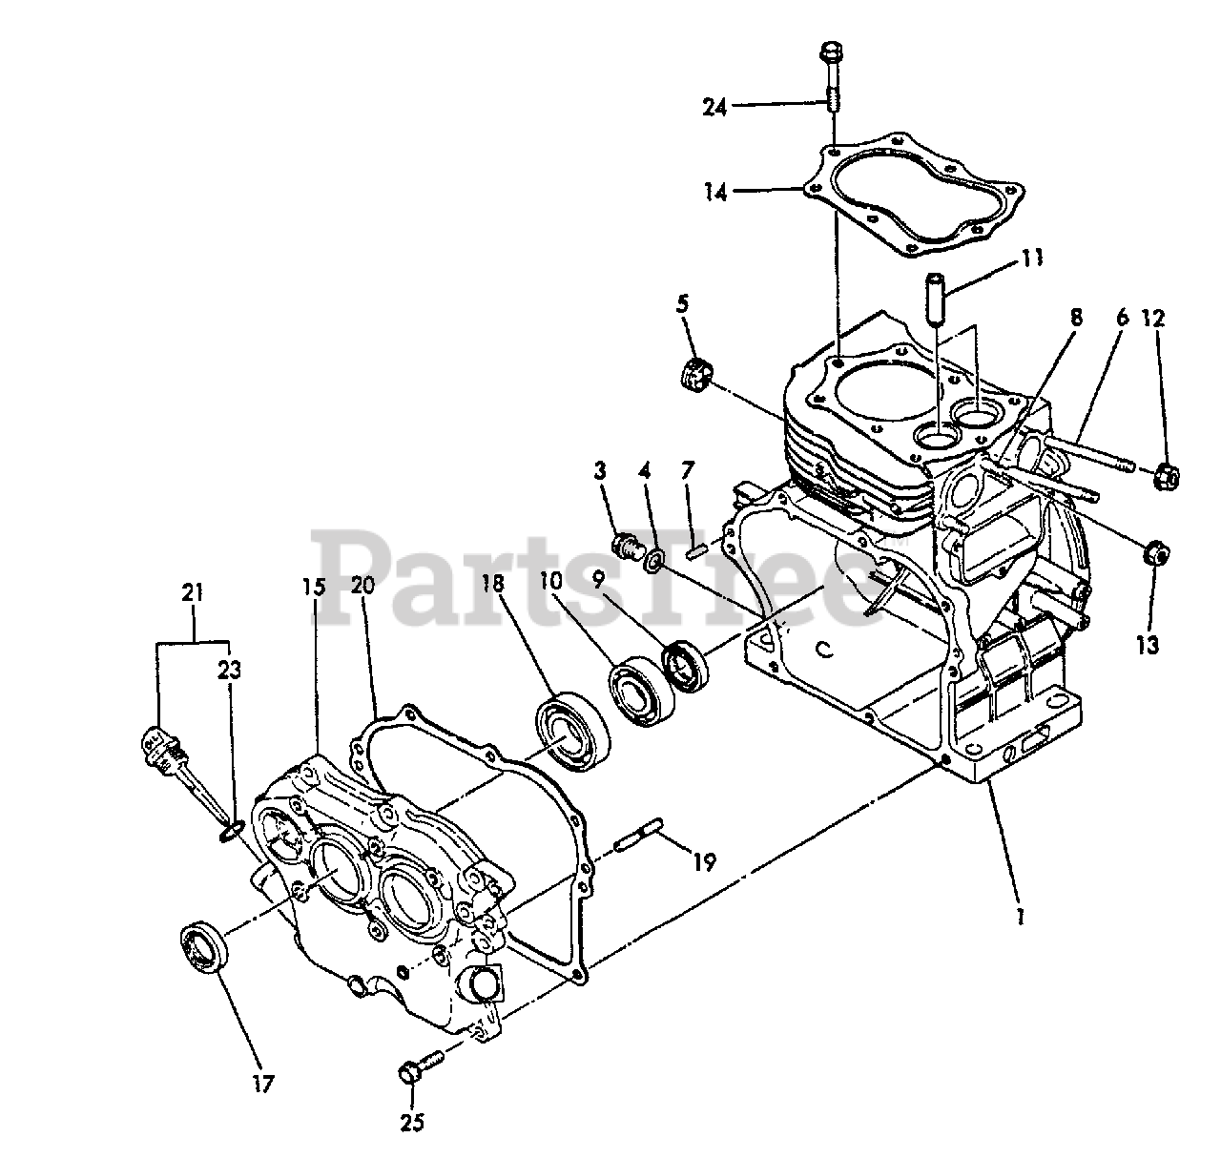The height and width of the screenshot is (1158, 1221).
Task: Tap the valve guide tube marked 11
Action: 932,299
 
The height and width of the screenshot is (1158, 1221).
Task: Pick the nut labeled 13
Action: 1152,552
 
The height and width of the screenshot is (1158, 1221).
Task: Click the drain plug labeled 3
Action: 627,548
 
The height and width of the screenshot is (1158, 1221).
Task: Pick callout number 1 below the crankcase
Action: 1020,917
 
